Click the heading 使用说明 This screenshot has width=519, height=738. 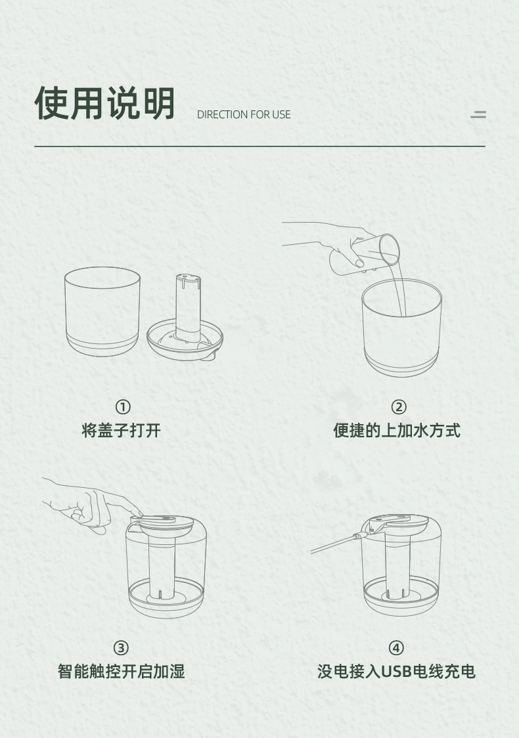click(105, 103)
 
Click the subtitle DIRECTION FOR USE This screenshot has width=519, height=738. click(244, 114)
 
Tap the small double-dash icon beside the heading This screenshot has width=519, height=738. click(478, 114)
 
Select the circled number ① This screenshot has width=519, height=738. click(123, 406)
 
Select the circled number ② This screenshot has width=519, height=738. click(398, 406)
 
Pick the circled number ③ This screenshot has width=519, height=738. click(121, 648)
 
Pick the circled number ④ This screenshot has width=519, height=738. click(396, 648)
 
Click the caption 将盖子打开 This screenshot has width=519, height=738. click(122, 430)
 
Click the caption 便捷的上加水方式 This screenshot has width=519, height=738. click(397, 430)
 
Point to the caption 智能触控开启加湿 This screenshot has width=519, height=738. click(121, 671)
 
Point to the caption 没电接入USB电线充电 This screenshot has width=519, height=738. click(396, 671)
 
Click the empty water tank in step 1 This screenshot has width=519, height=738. click(102, 312)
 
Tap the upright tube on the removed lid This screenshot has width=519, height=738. click(187, 306)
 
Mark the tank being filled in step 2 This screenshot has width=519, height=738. click(401, 328)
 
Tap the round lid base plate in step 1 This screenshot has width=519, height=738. click(185, 339)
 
